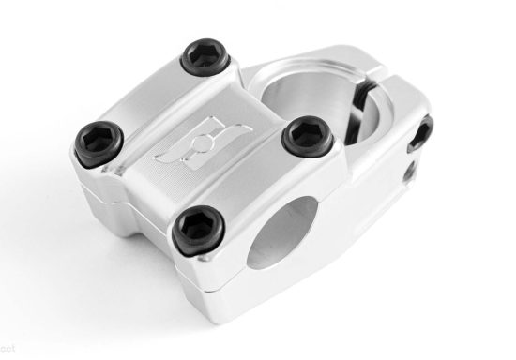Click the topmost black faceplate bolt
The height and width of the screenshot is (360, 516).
coord(205,56)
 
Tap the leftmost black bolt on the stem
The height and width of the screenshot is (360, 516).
coord(98,142)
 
